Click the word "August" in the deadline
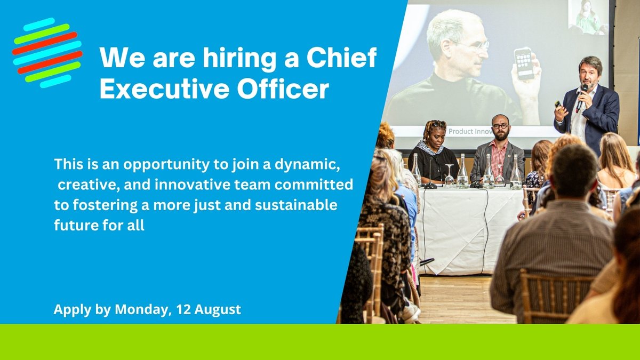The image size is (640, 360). point(217,309)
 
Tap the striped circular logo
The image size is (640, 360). point(47,53)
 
